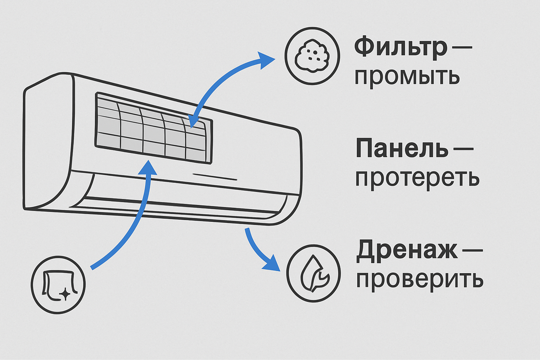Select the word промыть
pos(407,77)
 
